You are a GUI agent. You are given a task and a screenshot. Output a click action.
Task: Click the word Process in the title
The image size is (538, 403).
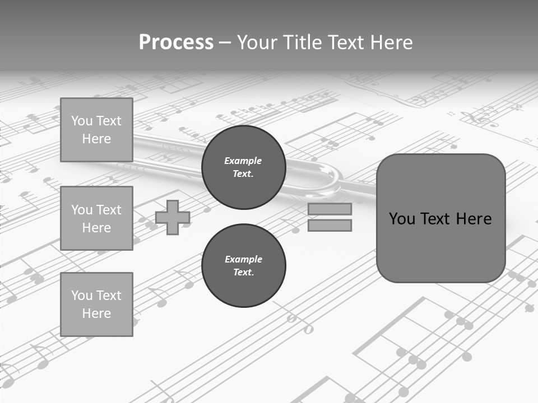coord(176,43)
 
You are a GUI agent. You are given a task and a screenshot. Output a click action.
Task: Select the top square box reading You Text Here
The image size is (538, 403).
coord(96,130)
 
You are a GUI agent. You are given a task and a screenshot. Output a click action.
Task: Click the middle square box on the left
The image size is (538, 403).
coord(96,218)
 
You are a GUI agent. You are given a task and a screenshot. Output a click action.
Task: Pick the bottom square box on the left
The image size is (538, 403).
coord(96,304)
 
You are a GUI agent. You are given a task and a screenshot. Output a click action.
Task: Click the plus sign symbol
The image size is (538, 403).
coord(173,217)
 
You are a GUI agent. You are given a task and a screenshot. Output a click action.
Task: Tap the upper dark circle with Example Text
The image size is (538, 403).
coord(243,167)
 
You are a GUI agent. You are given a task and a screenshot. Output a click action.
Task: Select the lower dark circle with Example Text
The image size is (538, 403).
coord(243,266)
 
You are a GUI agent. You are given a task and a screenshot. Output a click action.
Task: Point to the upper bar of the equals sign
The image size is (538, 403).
coord(330,209)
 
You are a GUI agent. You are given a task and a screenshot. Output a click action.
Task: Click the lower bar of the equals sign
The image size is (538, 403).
coord(330,226)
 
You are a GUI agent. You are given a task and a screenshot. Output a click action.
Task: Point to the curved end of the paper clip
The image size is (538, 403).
coord(331,182)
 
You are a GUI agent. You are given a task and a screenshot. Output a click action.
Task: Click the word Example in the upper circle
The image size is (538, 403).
coord(243,161)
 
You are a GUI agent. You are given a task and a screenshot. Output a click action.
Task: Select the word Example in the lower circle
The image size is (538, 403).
coord(243,259)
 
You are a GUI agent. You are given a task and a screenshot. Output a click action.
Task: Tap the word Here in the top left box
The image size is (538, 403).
coord(96,139)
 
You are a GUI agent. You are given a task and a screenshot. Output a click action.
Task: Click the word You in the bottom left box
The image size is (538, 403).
coord(81,295)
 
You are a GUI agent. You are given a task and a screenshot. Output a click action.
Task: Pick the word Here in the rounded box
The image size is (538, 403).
coord(474,219)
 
